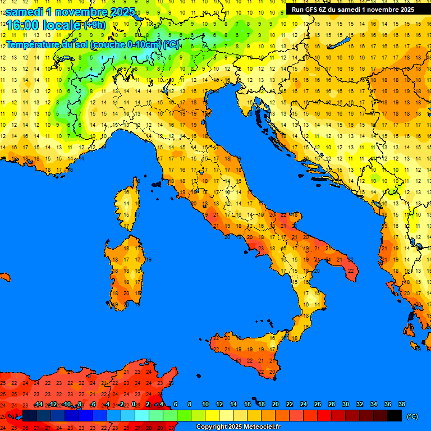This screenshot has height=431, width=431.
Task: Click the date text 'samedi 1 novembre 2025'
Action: [70, 11]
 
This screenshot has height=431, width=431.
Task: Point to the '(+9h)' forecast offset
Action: [94, 25]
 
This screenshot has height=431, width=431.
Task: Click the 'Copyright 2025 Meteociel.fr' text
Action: [238, 427]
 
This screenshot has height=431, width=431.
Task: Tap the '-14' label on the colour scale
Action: [39, 405]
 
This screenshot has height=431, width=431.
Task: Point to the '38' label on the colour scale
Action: [401, 405]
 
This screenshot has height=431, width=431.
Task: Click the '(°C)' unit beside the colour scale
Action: [412, 416]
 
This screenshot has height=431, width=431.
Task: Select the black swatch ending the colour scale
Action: [395, 415]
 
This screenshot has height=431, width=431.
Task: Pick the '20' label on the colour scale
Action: [275, 405]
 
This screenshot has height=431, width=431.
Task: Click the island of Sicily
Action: [247, 354]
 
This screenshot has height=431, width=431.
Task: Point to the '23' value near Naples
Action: [260, 248]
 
